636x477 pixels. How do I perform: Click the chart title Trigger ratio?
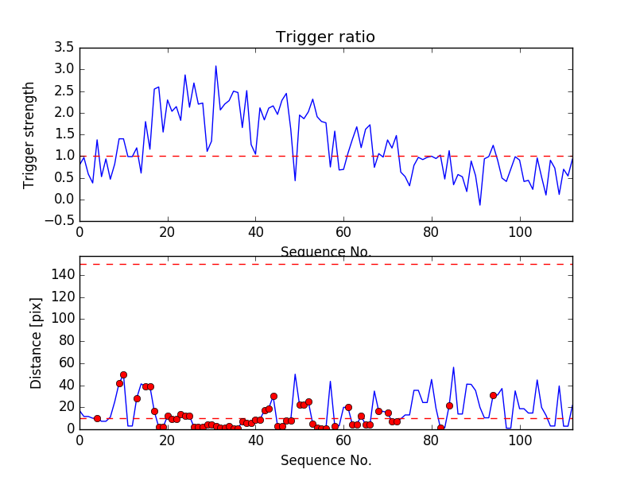(x=325, y=37)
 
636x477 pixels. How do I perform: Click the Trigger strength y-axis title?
(x=29, y=134)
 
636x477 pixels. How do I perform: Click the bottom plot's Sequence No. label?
(x=325, y=460)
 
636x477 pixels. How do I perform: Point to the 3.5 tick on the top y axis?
(x=64, y=48)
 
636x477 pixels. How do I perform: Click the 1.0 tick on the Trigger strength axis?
(x=64, y=156)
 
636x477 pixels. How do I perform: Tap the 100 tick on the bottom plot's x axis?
(x=519, y=440)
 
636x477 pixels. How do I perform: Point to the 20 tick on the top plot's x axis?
(x=167, y=232)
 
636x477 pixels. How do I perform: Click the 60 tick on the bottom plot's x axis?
(x=343, y=440)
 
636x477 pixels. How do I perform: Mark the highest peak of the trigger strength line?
(x=215, y=66)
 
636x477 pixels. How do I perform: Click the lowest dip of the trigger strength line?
(x=479, y=205)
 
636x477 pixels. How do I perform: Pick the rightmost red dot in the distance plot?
(x=493, y=395)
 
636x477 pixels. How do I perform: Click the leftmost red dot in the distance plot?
(x=97, y=418)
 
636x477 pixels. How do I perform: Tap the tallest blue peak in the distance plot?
(x=453, y=367)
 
